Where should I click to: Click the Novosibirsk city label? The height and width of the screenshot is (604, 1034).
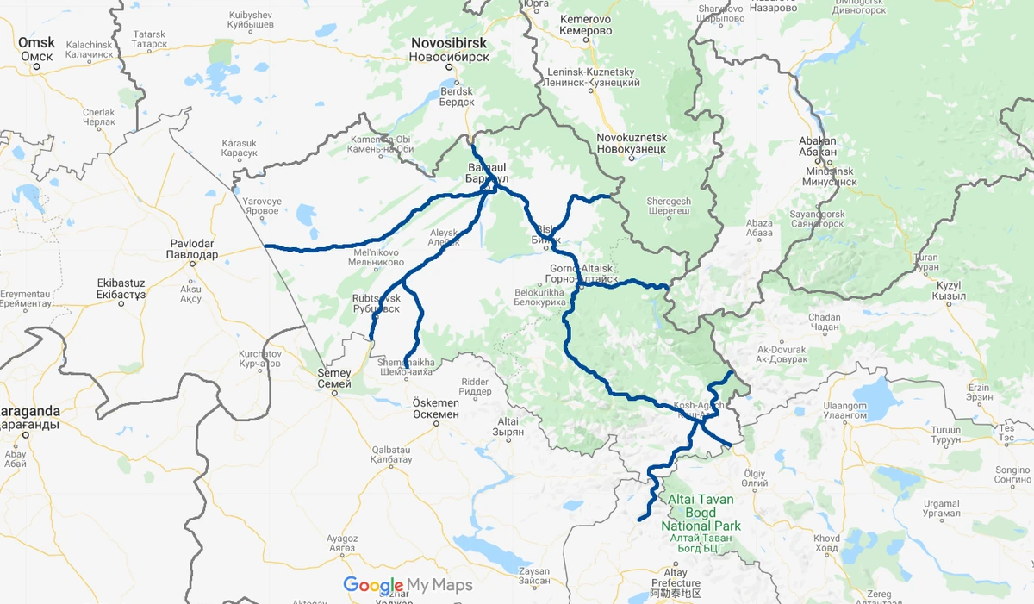(x=449, y=49)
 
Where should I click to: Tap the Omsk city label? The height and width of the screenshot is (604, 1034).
(x=36, y=49)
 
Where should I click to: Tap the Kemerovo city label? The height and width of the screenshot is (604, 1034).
(x=586, y=25)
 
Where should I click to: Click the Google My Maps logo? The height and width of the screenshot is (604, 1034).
(x=408, y=585)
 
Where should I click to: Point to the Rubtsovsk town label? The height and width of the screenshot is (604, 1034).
(x=376, y=302)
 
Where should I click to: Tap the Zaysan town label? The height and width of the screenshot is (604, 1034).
(x=533, y=576)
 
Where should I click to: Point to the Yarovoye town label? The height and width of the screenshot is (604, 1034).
(x=262, y=205)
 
